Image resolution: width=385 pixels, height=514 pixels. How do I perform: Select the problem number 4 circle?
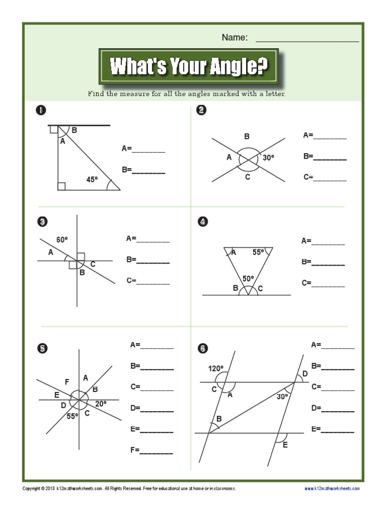click(x=203, y=221)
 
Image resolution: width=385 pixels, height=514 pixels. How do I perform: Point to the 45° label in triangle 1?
click(x=92, y=179)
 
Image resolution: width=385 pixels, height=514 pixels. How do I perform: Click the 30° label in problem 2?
click(x=268, y=158)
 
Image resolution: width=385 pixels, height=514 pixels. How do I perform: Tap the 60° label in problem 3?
click(x=62, y=240)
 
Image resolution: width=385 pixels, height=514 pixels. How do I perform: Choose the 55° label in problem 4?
click(x=258, y=252)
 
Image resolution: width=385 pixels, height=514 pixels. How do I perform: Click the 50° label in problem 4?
click(x=248, y=278)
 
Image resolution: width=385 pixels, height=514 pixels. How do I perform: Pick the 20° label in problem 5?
click(x=101, y=404)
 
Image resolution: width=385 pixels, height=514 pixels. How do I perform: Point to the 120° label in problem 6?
click(x=216, y=369)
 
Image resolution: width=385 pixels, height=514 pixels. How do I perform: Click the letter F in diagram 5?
click(x=67, y=381)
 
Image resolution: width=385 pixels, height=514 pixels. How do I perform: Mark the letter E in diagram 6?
click(x=285, y=445)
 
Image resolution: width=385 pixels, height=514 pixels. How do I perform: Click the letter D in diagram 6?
click(x=305, y=374)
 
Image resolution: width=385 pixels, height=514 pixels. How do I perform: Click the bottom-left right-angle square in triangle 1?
click(x=62, y=187)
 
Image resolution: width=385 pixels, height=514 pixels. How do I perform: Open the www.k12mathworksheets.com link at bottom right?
click(x=331, y=488)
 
